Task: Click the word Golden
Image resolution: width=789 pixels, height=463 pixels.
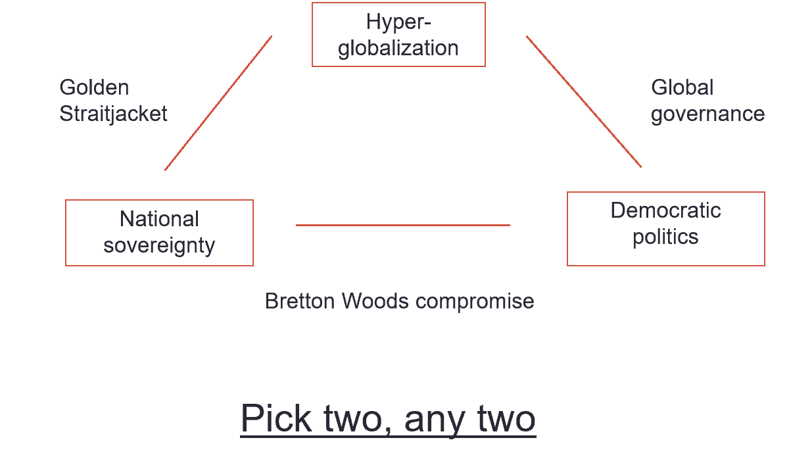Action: coord(94,87)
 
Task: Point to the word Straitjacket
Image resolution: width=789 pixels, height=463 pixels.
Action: coord(113,114)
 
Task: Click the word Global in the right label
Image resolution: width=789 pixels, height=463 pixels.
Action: coord(682,87)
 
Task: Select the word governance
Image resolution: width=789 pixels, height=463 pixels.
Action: coord(707,114)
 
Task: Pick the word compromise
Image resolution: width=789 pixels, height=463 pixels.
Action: coord(475,301)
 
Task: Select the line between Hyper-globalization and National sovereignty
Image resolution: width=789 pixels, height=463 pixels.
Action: coord(218,103)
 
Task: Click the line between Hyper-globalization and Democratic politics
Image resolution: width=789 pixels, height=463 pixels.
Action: coord(584,102)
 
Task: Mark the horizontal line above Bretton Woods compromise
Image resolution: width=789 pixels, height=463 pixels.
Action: coord(402,225)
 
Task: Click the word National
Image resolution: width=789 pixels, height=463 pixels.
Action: coord(159,219)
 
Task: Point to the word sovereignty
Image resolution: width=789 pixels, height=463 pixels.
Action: coord(159,245)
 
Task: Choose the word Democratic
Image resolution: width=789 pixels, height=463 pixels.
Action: coord(665,210)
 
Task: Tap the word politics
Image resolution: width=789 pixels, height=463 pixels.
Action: coord(665,237)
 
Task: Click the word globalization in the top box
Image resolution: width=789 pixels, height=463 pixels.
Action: coord(398,48)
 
